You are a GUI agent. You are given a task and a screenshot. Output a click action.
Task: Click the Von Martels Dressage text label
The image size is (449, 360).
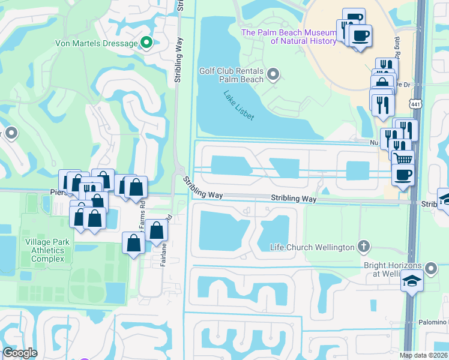95,43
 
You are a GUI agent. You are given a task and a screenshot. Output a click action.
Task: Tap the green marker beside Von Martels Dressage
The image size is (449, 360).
145,43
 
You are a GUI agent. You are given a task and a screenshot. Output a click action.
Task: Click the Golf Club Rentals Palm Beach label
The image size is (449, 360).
231,75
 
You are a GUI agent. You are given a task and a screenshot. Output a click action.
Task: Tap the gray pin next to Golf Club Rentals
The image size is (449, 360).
273,75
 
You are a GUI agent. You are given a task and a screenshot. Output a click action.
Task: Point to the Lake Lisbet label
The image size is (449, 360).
239,106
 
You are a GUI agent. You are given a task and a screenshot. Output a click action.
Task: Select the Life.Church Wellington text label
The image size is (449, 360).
312,247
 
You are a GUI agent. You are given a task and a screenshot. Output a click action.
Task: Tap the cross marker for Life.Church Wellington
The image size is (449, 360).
363,246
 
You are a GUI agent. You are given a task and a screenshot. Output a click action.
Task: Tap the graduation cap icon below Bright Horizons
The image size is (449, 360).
412,281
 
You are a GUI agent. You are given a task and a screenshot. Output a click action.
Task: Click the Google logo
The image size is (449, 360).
20,353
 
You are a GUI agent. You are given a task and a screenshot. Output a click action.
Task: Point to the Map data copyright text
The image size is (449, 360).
424,355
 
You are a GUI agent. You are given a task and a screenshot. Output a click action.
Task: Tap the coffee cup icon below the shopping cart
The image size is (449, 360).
402,175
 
